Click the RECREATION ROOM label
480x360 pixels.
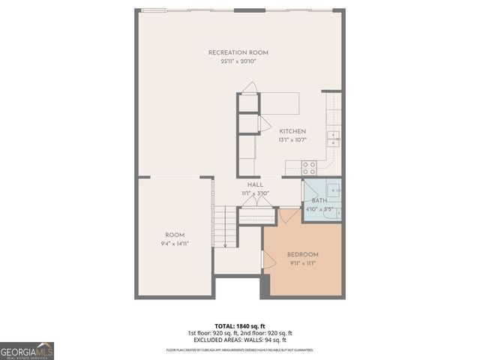coord(238,52)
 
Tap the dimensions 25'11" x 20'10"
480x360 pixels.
coord(238,61)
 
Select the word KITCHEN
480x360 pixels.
coord(293,131)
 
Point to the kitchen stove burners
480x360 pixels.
coord(308,166)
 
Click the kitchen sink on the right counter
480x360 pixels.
coord(333,138)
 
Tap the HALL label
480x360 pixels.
coord(255,184)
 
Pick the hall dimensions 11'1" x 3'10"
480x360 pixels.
coord(255,193)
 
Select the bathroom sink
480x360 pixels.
coord(333,190)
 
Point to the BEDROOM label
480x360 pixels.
coord(303,255)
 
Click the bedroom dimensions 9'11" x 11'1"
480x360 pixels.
coord(303,263)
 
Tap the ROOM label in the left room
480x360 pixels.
coord(175,235)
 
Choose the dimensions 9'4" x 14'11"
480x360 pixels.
coord(175,243)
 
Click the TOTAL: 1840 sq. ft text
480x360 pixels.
coord(240,325)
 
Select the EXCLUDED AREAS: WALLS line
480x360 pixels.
coord(240,340)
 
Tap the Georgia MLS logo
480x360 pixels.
coord(27,350)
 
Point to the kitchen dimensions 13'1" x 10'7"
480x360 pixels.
coord(292,139)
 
